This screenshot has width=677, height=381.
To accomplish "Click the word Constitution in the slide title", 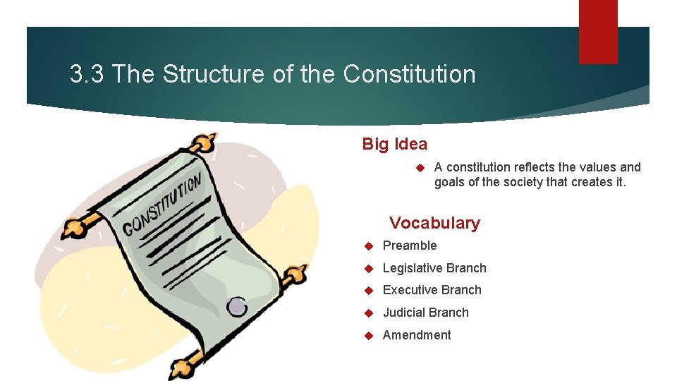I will tap(410, 74).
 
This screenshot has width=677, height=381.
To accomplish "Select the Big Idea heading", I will tap(394, 144).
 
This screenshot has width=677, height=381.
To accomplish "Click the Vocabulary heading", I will tap(434, 223).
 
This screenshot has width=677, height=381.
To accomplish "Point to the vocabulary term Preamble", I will tap(410, 246).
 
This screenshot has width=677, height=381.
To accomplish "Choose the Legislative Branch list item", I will tap(434, 268).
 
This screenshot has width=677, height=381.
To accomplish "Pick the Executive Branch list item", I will tap(432, 290).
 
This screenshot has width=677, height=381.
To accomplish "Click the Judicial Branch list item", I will tap(425, 313).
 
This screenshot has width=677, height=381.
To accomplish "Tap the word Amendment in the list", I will tap(417, 335).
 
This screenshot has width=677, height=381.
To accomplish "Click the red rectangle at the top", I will tap(598, 31).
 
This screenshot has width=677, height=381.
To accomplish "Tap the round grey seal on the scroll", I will tap(237, 306).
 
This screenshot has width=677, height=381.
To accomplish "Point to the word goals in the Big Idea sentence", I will tap(450, 183).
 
